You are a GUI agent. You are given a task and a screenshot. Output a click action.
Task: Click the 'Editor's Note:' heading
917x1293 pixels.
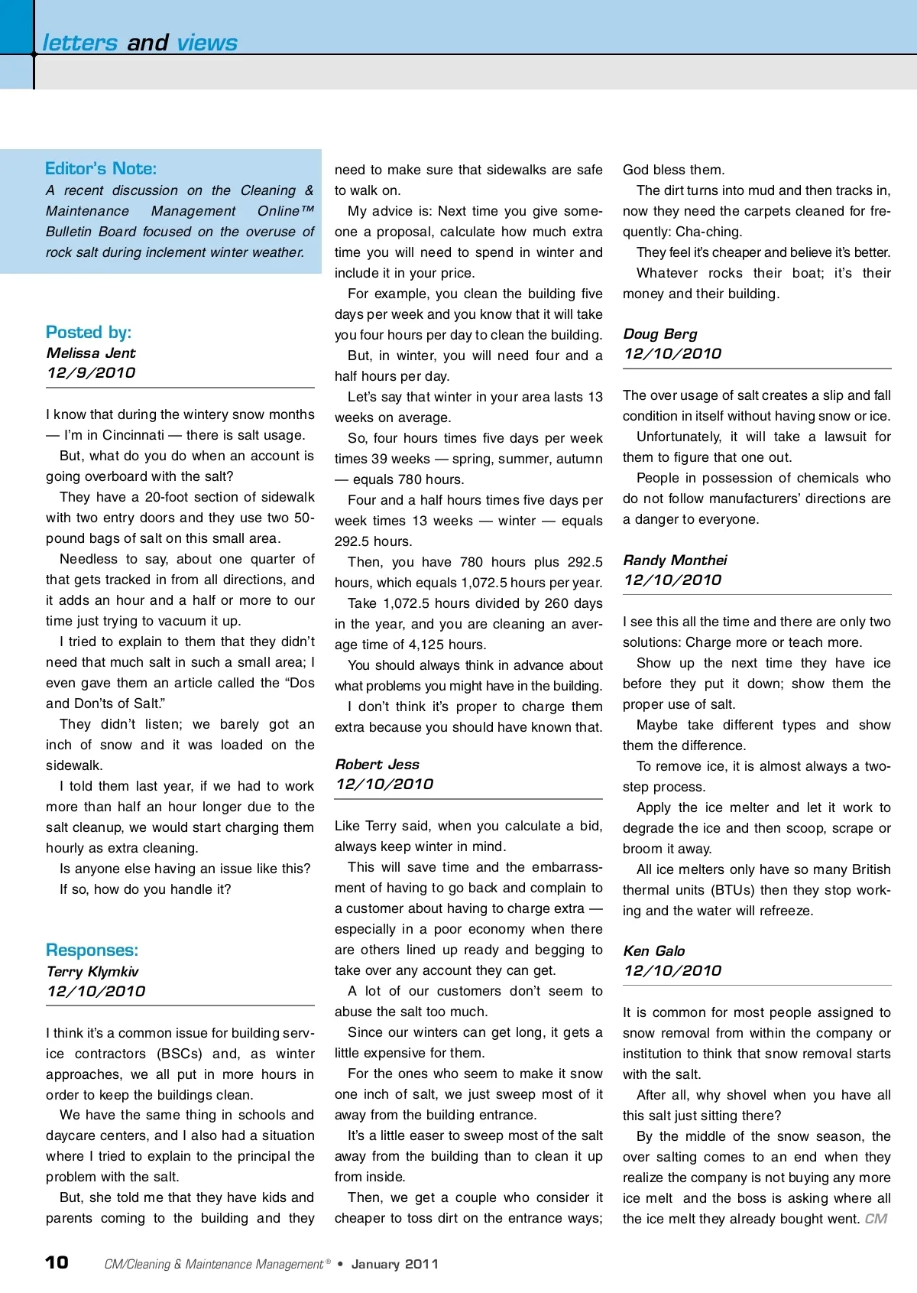pos(101,168)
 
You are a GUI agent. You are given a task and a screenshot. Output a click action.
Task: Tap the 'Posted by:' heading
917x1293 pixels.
pos(89,332)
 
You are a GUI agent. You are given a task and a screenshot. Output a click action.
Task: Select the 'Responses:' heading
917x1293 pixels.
pos(92,950)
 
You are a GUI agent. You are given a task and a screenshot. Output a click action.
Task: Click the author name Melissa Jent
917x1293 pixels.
pos(91,352)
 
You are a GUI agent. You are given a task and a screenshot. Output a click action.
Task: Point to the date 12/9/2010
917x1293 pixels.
pos(91,372)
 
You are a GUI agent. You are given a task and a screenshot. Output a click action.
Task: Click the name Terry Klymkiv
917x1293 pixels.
pos(92,971)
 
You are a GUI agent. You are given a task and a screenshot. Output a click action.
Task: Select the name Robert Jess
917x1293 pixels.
pos(377,764)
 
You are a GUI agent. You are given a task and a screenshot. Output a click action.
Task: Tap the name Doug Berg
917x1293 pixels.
pos(660,333)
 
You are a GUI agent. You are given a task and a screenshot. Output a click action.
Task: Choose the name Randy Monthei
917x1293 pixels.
pos(676,560)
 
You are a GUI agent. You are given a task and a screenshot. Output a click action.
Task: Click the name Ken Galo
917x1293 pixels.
pos(654,950)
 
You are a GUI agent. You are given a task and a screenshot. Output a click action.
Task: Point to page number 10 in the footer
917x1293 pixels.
pos(57,1262)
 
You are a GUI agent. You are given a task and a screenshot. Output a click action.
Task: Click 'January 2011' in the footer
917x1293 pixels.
pos(395,1264)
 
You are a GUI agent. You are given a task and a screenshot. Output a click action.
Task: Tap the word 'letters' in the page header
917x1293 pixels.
pos(80,43)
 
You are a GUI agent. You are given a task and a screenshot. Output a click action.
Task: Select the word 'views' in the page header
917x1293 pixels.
pos(207,43)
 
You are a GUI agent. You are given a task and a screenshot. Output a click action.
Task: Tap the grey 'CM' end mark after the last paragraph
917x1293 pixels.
pos(876,1218)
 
